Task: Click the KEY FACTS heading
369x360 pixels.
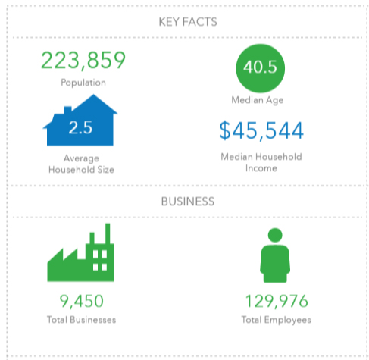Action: click(x=188, y=22)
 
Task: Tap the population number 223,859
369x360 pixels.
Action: click(x=83, y=61)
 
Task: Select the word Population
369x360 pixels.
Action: click(x=83, y=83)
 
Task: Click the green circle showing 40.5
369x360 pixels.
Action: click(x=260, y=68)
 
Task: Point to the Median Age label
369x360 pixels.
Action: click(x=258, y=100)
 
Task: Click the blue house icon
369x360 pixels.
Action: click(x=80, y=120)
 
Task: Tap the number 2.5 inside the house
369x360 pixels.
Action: click(x=80, y=127)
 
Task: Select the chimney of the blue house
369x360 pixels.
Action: click(x=68, y=110)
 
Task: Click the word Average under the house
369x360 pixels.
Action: click(x=81, y=158)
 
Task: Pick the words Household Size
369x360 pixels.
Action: click(x=81, y=170)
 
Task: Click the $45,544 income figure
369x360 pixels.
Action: click(x=261, y=130)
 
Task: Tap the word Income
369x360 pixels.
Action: click(x=261, y=168)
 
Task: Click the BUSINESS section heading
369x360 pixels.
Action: click(x=188, y=202)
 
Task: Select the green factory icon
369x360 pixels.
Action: click(x=81, y=252)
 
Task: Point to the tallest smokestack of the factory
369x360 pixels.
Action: click(x=108, y=233)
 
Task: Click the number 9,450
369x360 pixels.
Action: click(x=81, y=301)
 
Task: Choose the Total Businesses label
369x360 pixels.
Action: click(x=81, y=320)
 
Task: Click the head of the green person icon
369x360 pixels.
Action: click(x=275, y=235)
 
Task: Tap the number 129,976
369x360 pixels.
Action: click(x=277, y=301)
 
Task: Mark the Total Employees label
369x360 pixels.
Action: click(x=276, y=320)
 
